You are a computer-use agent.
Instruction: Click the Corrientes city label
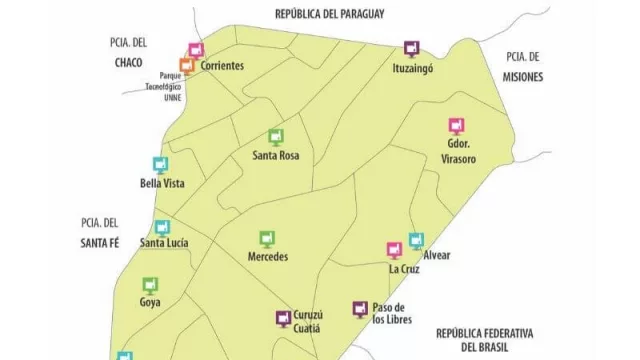(x=222, y=66)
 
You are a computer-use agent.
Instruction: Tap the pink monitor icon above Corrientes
(x=196, y=50)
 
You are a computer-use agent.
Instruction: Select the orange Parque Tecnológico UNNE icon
(x=186, y=66)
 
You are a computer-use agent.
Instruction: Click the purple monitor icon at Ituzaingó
(x=411, y=48)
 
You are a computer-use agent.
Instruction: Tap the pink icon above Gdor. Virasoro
(x=456, y=126)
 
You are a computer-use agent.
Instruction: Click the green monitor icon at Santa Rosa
(x=276, y=137)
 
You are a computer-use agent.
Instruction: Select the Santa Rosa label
(x=276, y=156)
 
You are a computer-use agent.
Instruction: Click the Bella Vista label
(x=162, y=183)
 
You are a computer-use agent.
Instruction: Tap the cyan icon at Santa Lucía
(x=162, y=227)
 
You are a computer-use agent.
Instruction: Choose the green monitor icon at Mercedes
(x=267, y=238)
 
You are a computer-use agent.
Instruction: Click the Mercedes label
(x=268, y=257)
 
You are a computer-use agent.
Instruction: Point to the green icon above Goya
(x=151, y=285)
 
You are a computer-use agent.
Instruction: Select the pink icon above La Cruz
(x=395, y=250)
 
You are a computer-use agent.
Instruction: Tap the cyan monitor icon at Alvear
(x=416, y=241)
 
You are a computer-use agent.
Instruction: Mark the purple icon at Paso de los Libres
(x=359, y=309)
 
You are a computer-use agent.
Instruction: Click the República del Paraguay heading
(x=330, y=13)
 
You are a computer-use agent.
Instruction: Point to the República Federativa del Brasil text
(x=485, y=339)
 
